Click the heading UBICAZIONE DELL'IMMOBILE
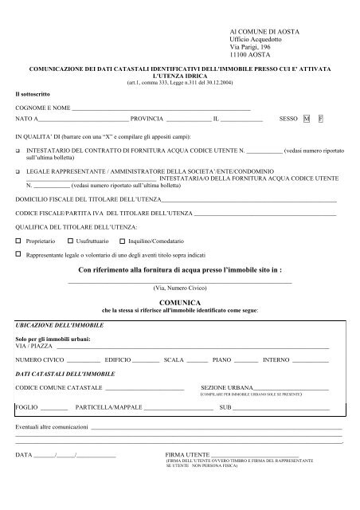(53, 327)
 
